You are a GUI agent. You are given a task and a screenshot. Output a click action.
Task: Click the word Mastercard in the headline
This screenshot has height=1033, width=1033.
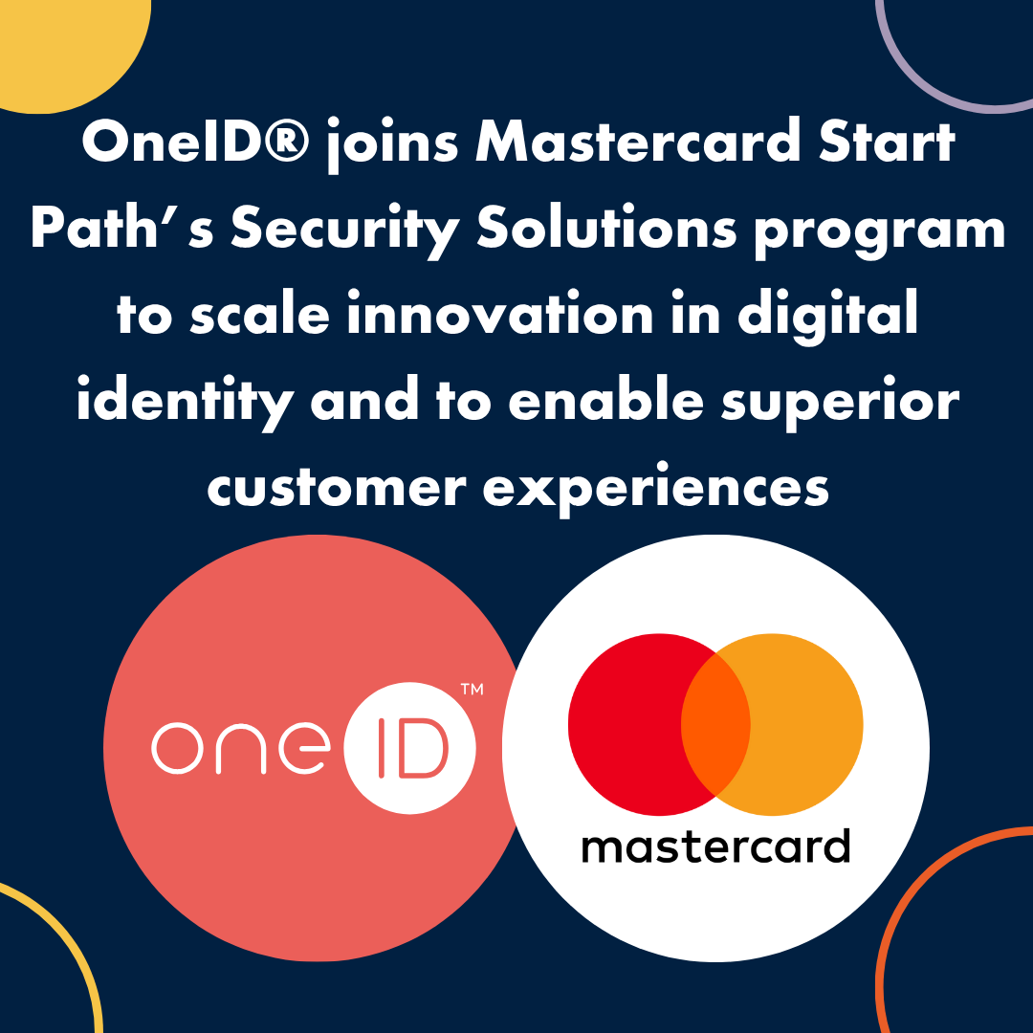(637, 141)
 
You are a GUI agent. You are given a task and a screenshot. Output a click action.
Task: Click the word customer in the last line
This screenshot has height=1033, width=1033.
(337, 488)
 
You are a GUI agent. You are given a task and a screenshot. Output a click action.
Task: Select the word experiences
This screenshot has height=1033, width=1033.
(655, 489)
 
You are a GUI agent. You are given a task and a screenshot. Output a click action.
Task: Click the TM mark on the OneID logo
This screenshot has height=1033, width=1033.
(472, 689)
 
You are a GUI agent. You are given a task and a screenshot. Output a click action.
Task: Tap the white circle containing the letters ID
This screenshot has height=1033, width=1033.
(409, 748)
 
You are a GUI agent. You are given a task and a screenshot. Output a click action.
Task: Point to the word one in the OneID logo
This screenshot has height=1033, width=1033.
(240, 748)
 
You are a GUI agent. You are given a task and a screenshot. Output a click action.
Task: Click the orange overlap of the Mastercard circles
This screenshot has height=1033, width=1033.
(715, 724)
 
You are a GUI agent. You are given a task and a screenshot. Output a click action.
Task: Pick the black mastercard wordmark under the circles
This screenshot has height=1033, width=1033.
(715, 846)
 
